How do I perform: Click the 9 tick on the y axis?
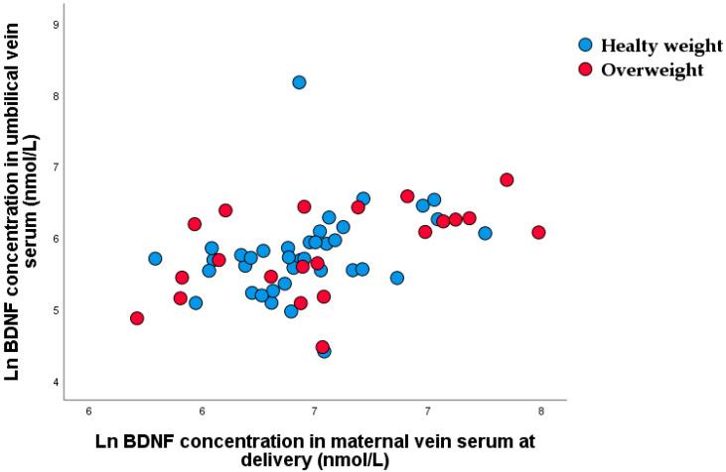tap(56, 24)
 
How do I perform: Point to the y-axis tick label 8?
tap(56, 96)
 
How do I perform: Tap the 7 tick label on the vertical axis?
tap(56, 168)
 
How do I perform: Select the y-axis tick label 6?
tap(56, 239)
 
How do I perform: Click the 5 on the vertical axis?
tap(56, 310)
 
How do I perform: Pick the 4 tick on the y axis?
tap(56, 383)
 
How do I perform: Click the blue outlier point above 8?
tap(299, 82)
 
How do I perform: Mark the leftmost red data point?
tap(137, 318)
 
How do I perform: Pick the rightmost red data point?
tap(539, 232)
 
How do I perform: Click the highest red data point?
tap(507, 179)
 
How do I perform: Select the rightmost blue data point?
tap(485, 233)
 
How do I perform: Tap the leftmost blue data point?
tap(155, 259)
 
